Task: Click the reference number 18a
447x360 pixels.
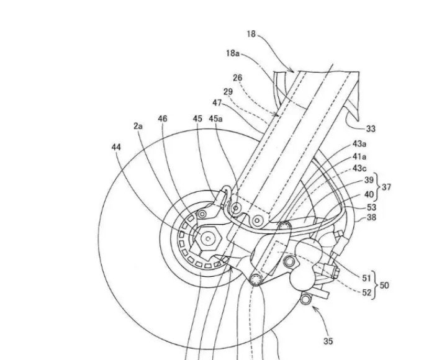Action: (x=233, y=53)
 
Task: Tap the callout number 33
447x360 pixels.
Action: (x=371, y=129)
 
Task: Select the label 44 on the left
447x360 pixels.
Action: (x=116, y=147)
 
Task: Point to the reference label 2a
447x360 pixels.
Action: (x=138, y=126)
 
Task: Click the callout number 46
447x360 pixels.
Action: (x=163, y=119)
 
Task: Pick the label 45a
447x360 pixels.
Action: (x=215, y=119)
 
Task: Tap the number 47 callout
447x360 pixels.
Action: (x=217, y=102)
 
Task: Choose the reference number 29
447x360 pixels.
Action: (x=228, y=92)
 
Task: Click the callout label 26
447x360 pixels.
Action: (x=237, y=78)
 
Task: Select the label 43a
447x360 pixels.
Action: (x=359, y=144)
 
